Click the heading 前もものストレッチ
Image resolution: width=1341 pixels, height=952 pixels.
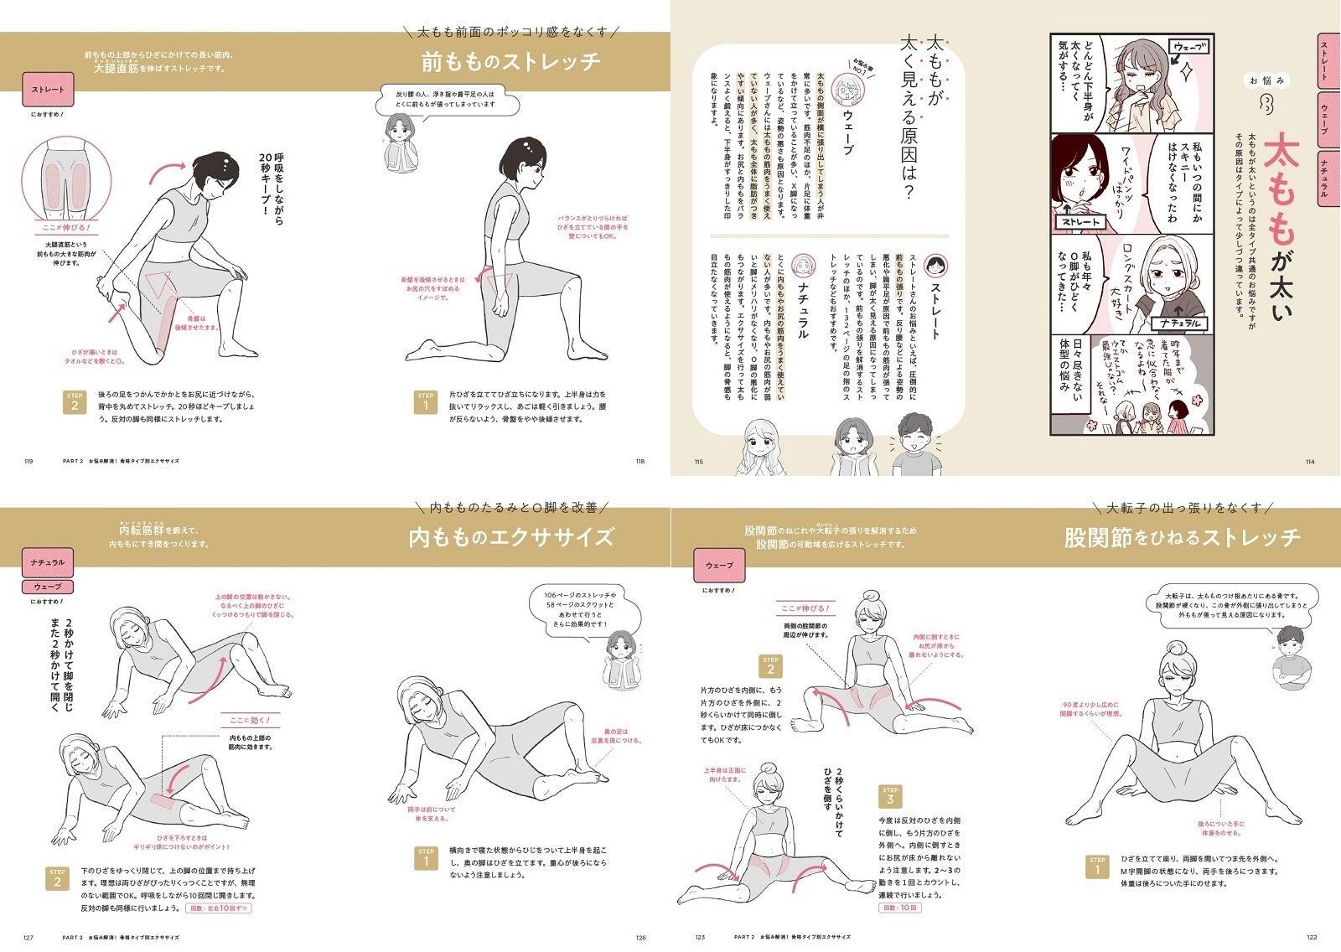510,62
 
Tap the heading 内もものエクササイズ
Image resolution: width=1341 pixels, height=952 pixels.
510,537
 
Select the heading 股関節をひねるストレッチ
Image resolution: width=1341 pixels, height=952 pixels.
1182,537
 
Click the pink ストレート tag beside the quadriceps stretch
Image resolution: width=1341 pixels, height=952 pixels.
48,90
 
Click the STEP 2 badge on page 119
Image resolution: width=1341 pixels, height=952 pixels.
75,402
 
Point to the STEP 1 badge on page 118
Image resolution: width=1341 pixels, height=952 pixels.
426,401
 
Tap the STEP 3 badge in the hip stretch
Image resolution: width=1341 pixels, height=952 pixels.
890,795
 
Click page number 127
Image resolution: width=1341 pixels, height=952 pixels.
28,938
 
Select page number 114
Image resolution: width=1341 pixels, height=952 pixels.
1310,462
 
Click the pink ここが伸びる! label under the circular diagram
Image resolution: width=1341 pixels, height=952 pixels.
65,227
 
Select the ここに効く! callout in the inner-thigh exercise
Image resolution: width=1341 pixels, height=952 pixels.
250,720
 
